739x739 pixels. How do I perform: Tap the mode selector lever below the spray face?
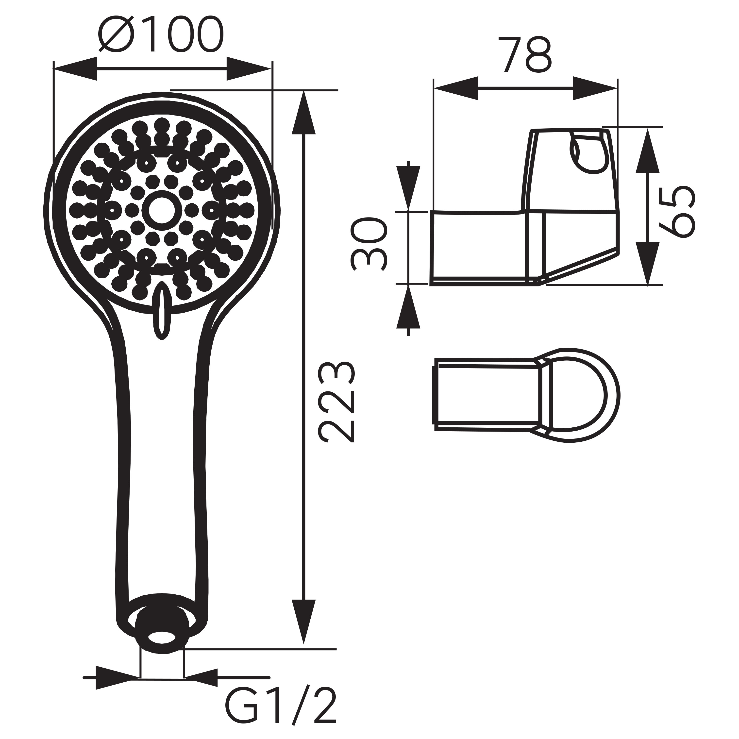[161, 310]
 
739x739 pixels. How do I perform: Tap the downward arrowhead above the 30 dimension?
[408, 187]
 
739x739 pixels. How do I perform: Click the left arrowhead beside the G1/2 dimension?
[117, 678]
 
